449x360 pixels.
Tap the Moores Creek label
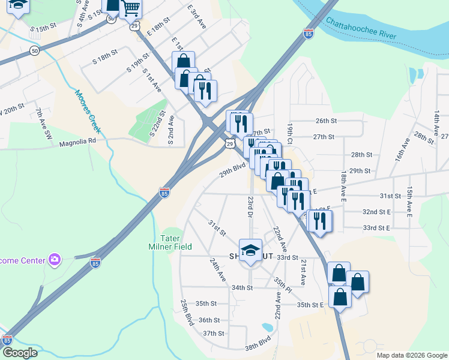coord(89,104)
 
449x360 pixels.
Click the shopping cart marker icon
coord(130,8)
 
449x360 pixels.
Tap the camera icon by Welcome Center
coord(55,259)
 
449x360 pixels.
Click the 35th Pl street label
coord(282,285)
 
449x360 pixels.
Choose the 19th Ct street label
coord(289,134)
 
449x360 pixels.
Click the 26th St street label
coord(326,121)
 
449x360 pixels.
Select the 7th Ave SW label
coord(44,124)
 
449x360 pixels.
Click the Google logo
coord(20,353)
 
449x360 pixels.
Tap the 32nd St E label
coord(376,212)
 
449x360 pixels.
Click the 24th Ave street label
coord(217,270)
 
